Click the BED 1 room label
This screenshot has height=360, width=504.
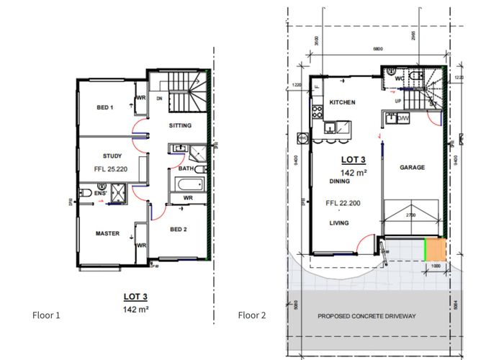[x=105, y=108]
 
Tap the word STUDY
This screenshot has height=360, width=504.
[x=112, y=156]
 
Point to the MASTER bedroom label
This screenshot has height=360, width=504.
[x=107, y=233]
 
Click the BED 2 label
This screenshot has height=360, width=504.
[x=180, y=230]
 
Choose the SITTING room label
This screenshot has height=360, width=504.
[x=181, y=126]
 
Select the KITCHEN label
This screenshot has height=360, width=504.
[x=342, y=103]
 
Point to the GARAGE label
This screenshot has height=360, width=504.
[x=413, y=168]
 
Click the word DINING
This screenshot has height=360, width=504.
[x=339, y=182]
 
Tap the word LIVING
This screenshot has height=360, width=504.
[x=338, y=223]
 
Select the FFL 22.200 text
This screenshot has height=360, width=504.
[x=342, y=204]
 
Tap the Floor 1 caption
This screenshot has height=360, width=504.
[x=46, y=315]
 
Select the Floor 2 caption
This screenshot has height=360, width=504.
[x=252, y=315]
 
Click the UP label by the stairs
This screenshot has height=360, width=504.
[x=397, y=102]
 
